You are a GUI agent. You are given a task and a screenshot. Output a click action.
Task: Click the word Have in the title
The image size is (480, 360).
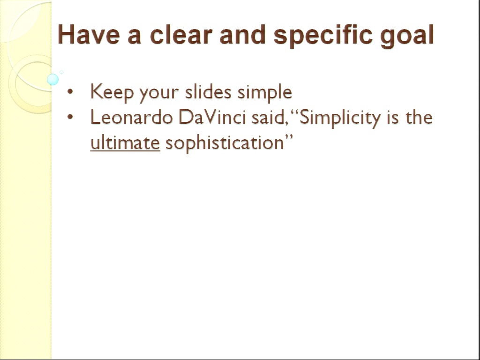point(89,34)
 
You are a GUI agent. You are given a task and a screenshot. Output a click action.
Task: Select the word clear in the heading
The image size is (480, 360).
point(181,34)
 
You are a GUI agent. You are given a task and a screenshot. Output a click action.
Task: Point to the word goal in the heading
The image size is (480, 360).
point(407,36)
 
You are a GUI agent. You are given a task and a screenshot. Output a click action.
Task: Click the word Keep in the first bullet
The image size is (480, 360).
point(112,92)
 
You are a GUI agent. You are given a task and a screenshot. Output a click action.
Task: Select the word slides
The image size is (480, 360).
point(208,91)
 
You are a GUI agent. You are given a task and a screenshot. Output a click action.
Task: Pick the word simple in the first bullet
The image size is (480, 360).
point(265,92)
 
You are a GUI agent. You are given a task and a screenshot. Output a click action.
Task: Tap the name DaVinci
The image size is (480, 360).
point(212,117)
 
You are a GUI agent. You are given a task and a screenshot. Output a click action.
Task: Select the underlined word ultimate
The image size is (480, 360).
point(125,142)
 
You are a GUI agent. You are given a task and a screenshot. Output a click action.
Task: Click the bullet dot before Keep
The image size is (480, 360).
point(70,91)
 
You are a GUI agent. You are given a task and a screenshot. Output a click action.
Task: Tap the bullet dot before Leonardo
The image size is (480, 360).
point(70,117)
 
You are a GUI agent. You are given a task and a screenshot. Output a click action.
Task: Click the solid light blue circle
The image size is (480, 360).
point(53,79)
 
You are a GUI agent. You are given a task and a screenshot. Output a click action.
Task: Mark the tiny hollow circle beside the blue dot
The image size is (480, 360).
point(61,72)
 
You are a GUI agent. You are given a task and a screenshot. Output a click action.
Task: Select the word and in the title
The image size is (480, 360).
point(242,34)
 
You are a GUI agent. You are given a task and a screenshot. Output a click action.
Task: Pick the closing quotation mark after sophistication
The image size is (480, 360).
point(289,137)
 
